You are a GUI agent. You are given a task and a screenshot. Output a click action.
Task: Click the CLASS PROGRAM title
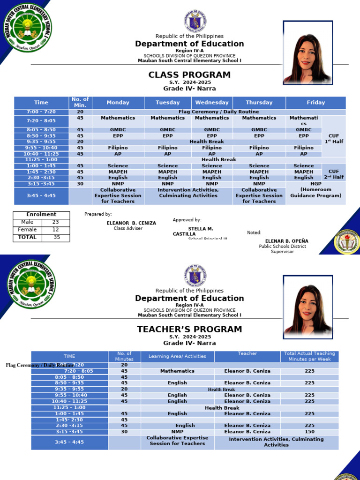(x=189, y=75)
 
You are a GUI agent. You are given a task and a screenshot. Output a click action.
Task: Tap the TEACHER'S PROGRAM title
(x=189, y=330)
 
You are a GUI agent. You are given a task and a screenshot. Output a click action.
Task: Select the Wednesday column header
(x=212, y=103)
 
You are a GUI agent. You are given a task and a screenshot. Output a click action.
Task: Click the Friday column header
(x=315, y=103)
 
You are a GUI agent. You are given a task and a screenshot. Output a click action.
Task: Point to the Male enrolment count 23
(x=55, y=222)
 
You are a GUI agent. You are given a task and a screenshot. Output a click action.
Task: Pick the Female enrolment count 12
(x=55, y=230)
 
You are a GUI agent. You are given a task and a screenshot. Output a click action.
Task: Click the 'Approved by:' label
(x=187, y=220)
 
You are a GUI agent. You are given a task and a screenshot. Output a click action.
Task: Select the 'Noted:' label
(x=254, y=232)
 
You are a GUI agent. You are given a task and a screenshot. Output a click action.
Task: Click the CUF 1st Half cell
(x=333, y=138)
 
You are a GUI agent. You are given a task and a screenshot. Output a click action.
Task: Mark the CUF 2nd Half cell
(x=333, y=174)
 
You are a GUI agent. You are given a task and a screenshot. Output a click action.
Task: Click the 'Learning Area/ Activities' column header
(x=177, y=357)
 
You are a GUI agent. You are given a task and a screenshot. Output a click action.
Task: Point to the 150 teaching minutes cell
(x=309, y=432)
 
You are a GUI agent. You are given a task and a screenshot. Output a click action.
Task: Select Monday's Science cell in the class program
(x=118, y=166)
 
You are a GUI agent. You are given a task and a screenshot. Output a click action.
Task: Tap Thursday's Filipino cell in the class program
(x=259, y=148)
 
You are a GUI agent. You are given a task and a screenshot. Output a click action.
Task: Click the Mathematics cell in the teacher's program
(x=177, y=371)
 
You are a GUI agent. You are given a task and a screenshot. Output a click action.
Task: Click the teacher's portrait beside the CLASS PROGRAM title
(x=307, y=52)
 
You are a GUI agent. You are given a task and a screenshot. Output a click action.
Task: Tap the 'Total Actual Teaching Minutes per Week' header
(x=309, y=357)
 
